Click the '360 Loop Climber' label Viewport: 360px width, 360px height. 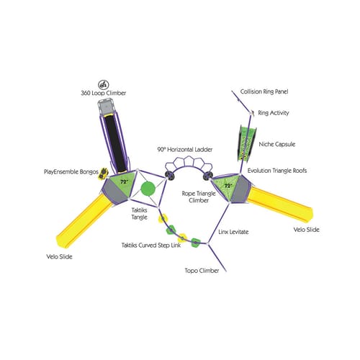103,93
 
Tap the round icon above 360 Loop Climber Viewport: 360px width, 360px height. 104,84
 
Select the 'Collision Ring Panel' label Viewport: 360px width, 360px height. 264,91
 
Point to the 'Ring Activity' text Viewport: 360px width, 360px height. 274,113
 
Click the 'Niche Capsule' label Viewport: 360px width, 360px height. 277,144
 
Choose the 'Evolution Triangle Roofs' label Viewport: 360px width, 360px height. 277,171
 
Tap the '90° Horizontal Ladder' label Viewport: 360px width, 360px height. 185,150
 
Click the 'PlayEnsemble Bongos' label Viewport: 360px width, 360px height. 71,172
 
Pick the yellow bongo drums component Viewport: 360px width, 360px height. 103,174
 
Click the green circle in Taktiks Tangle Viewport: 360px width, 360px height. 148,189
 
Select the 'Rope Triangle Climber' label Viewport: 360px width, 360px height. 199,197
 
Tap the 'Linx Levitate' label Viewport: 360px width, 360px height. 233,232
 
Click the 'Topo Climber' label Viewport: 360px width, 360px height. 202,271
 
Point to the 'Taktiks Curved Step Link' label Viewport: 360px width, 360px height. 151,246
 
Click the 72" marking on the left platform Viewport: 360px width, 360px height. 124,182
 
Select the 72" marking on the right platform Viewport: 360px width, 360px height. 228,186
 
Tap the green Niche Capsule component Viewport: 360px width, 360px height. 247,143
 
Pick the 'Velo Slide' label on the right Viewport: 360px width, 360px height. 307,230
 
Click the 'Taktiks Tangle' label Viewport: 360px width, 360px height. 139,214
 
